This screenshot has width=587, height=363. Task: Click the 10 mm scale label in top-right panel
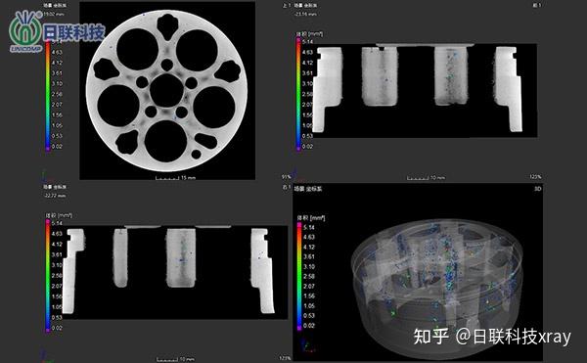pyautogui.click(x=437, y=178)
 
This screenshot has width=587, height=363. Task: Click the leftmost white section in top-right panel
pyautogui.click(x=327, y=90)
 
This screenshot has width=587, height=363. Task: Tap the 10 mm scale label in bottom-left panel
pyautogui.click(x=187, y=358)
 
